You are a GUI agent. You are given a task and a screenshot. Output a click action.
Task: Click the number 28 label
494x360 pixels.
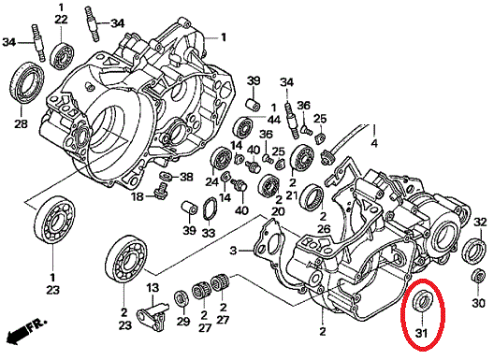(21, 123)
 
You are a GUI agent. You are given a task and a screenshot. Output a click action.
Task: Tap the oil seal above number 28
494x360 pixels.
(26, 83)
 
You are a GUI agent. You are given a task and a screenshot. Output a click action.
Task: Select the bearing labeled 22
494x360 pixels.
(62, 55)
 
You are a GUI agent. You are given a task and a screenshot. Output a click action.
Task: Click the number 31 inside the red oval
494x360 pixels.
(421, 333)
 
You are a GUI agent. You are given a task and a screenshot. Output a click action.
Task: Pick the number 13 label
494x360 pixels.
(153, 288)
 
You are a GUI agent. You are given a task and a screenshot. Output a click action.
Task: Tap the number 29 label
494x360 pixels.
(183, 321)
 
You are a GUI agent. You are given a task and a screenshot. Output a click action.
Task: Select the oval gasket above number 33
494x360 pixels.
(210, 209)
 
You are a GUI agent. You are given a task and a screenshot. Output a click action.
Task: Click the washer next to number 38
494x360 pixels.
(166, 176)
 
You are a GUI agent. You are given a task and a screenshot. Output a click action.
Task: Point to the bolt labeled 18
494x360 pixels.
(161, 191)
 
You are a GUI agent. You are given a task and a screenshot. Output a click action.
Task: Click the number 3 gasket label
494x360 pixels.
(233, 251)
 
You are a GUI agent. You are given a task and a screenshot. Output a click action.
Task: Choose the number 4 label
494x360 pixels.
(374, 143)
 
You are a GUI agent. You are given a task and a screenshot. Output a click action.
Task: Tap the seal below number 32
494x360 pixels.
(474, 251)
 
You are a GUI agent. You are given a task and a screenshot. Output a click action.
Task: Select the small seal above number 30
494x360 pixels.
(479, 277)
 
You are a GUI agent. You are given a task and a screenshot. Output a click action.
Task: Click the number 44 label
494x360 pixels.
(273, 120)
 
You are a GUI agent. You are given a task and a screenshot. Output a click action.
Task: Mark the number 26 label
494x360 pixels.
(323, 229)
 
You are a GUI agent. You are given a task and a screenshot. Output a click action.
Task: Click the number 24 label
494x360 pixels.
(212, 181)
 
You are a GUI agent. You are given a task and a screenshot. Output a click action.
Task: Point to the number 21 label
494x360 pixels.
(292, 195)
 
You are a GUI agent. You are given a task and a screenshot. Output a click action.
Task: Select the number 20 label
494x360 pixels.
(278, 211)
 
